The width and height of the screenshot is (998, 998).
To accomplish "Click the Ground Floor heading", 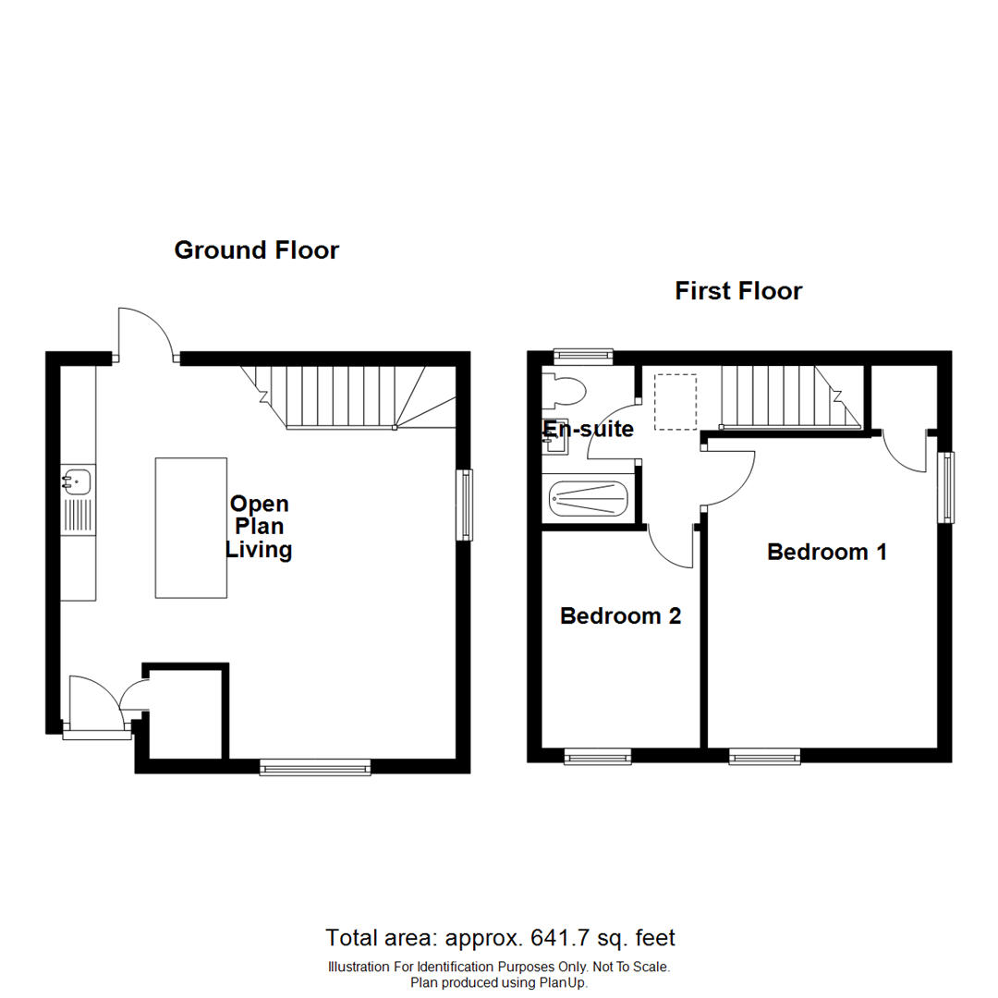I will (x=257, y=250).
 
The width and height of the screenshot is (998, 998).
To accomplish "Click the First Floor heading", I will (x=738, y=292).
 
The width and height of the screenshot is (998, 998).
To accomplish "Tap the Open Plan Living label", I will (x=260, y=528).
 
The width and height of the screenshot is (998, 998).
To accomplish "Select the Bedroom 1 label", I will (x=827, y=552).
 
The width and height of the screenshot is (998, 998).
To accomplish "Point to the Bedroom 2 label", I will (x=621, y=616).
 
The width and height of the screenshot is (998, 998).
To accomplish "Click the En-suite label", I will (x=589, y=429).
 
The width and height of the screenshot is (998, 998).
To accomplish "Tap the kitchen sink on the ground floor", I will (x=78, y=481).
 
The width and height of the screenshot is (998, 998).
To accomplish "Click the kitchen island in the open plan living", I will (x=191, y=528).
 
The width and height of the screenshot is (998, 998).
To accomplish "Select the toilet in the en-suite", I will (x=563, y=391).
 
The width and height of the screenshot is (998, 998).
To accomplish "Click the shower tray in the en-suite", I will (x=589, y=500).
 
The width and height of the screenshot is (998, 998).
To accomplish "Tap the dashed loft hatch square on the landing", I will (x=675, y=402).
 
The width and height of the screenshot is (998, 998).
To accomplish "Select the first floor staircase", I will (x=789, y=397).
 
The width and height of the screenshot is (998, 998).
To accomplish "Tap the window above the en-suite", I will (x=583, y=354).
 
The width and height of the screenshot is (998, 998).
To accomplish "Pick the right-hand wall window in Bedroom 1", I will (x=945, y=487).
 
